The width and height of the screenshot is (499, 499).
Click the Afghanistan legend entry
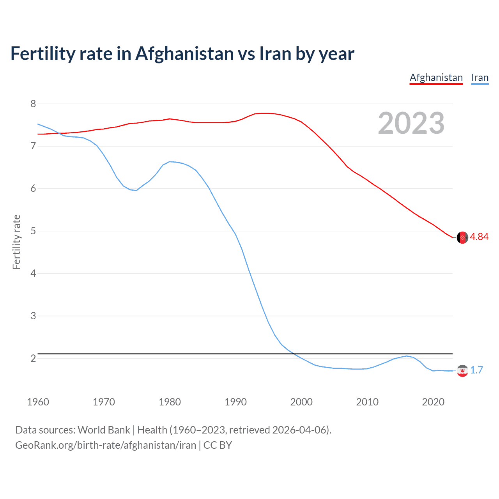pyautogui.click(x=436, y=78)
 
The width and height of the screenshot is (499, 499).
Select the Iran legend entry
pyautogui.click(x=480, y=78)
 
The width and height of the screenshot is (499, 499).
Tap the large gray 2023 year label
pyautogui.click(x=411, y=123)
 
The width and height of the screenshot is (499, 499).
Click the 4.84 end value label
pyautogui.click(x=479, y=237)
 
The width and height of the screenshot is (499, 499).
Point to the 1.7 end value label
pyautogui.click(x=476, y=370)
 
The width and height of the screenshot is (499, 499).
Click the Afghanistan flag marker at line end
pyautogui.click(x=462, y=237)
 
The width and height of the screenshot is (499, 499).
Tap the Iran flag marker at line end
pyautogui.click(x=462, y=371)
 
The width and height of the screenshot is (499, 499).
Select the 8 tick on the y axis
pyautogui.click(x=33, y=104)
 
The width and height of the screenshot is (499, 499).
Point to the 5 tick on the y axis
pyautogui.click(x=33, y=231)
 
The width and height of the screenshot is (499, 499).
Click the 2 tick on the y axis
pyautogui.click(x=33, y=358)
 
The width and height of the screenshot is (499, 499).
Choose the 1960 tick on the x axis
pyautogui.click(x=38, y=402)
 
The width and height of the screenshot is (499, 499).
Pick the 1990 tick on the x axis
pyautogui.click(x=235, y=402)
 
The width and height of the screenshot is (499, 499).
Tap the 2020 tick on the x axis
pyautogui.click(x=433, y=402)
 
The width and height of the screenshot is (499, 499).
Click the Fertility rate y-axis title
pyautogui.click(x=16, y=242)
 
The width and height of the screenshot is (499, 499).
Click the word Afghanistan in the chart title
pyautogui.click(x=184, y=54)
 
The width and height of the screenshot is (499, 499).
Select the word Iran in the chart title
pyautogui.click(x=275, y=54)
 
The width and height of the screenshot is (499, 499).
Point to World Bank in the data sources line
pyautogui.click(x=104, y=430)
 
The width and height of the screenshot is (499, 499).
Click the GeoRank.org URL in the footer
pyautogui.click(x=105, y=445)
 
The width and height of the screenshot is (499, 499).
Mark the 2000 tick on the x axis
pyautogui.click(x=301, y=402)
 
